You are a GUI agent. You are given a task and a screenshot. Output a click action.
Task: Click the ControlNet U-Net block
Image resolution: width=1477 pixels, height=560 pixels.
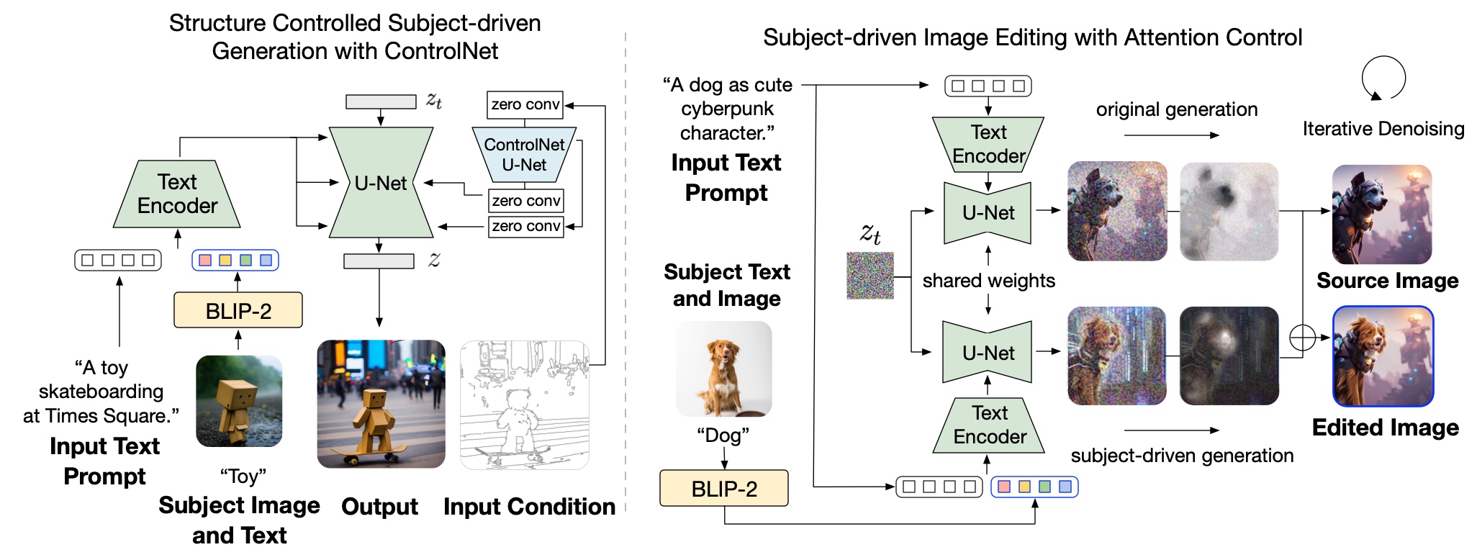(x=524, y=155)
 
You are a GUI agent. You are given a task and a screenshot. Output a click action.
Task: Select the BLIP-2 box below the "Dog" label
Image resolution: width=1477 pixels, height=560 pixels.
(x=724, y=489)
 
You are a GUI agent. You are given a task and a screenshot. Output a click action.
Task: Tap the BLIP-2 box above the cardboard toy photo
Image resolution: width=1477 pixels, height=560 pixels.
(x=238, y=310)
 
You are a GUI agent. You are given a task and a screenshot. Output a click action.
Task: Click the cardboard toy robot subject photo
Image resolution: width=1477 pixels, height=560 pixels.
(x=239, y=401)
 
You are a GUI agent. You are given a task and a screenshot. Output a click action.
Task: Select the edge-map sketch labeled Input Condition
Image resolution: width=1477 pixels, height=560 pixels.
(x=525, y=405)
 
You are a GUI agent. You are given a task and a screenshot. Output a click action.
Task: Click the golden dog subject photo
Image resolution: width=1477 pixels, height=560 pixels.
(x=724, y=369)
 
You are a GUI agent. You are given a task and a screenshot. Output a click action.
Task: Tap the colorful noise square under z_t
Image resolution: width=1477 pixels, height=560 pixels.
(x=870, y=276)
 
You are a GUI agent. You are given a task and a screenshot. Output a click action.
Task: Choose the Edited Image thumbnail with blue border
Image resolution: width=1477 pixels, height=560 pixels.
(x=1383, y=356)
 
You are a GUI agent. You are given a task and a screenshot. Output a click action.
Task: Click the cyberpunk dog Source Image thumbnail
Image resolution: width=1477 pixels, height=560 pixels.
(x=1382, y=214)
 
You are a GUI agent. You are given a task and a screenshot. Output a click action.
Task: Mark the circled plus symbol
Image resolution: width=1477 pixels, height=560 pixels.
(x=1303, y=337)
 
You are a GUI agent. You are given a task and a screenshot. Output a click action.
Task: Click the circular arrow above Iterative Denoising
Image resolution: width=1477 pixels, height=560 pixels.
(x=1383, y=78)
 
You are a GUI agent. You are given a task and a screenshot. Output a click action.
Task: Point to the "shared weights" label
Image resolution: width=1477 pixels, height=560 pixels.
(x=989, y=281)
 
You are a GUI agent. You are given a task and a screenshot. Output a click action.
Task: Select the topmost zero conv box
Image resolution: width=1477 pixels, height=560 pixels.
(x=525, y=104)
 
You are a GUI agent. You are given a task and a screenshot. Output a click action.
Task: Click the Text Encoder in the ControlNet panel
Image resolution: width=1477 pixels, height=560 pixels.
(x=177, y=194)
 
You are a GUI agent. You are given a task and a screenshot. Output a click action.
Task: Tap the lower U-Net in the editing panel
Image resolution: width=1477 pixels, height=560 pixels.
(x=988, y=352)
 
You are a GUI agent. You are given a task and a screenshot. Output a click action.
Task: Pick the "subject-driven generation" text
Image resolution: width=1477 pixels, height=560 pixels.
(x=1182, y=456)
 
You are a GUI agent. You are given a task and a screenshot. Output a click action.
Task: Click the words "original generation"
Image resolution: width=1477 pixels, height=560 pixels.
(x=1177, y=109)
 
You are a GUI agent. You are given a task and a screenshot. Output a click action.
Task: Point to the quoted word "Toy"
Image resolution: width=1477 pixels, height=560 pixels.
(x=243, y=477)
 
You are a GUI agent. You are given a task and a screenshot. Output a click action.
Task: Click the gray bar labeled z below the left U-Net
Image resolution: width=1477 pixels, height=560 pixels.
(x=379, y=261)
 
